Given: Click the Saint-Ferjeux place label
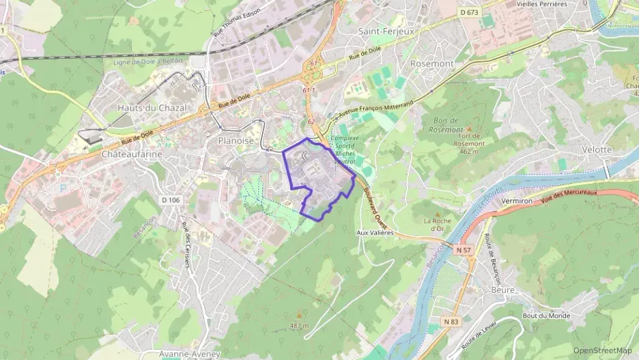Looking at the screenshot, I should click(x=383, y=31).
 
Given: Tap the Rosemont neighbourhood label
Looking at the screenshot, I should click(x=431, y=64).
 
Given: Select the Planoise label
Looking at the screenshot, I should click(x=236, y=140).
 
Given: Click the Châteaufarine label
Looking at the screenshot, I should click(x=132, y=154).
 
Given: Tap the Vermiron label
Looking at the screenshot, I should click(x=516, y=202).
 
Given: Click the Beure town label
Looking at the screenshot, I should click(x=502, y=290).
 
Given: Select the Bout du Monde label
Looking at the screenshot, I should click(x=545, y=316).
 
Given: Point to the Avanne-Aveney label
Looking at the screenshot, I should click(x=189, y=354).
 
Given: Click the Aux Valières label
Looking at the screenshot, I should click(x=375, y=233).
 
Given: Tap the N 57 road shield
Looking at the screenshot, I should click(x=463, y=251).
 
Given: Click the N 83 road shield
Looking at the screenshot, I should click(x=449, y=321).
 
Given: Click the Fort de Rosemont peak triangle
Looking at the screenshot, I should click(x=469, y=128).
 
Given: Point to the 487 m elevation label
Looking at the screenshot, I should click(x=298, y=326).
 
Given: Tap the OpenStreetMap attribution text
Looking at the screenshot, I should click(x=602, y=350).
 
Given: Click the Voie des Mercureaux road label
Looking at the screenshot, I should click(x=569, y=197).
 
